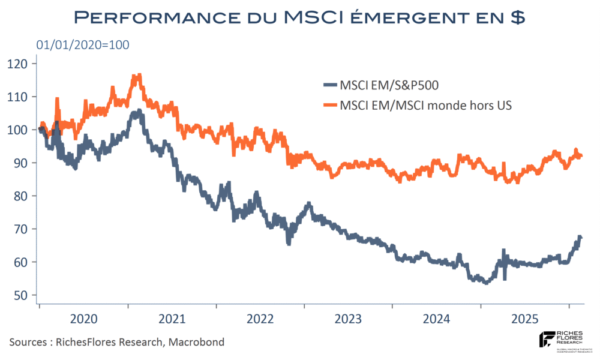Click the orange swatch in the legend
(x=329, y=105)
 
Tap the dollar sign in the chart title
(x=518, y=17)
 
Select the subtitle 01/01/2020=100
(x=83, y=45)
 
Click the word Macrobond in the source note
(x=196, y=342)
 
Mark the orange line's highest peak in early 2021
(x=139, y=75)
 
